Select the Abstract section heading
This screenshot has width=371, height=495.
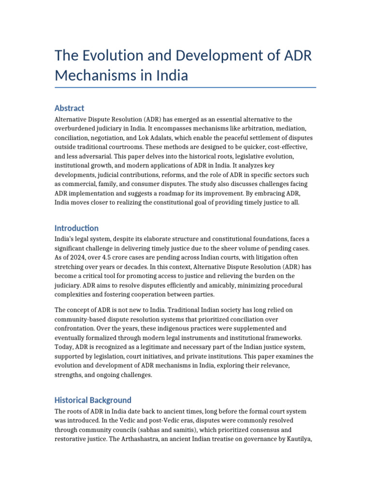click(70, 108)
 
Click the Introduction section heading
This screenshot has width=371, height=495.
click(76, 228)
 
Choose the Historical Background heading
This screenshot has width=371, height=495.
click(93, 400)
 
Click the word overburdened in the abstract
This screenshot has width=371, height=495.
click(77, 128)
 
